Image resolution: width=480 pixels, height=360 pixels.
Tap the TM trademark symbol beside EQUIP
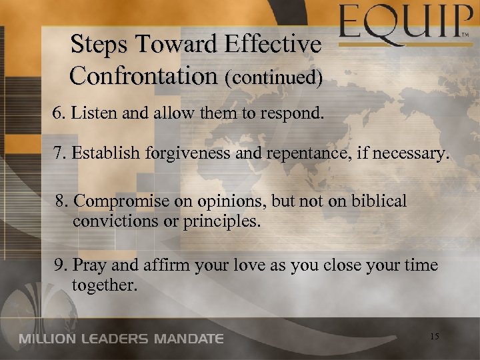469,32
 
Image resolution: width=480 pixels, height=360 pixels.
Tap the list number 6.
57,114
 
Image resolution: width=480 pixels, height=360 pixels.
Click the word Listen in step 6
89,114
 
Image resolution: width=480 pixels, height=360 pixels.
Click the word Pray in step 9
85,265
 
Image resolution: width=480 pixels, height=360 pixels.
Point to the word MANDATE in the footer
189,339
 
